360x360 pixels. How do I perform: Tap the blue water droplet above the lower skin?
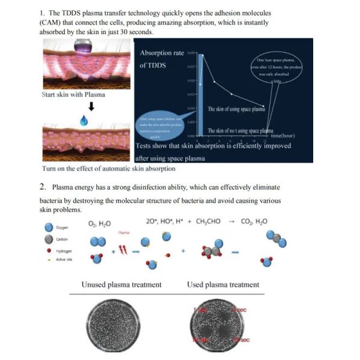coord(91,121)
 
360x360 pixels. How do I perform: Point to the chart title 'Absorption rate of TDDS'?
coord(161,59)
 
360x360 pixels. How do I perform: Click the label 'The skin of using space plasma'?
coord(236,110)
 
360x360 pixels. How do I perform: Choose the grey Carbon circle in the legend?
coord(48,239)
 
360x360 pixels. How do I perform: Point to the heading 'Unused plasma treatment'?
coord(121,284)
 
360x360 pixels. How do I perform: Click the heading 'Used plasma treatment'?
coord(223,284)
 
